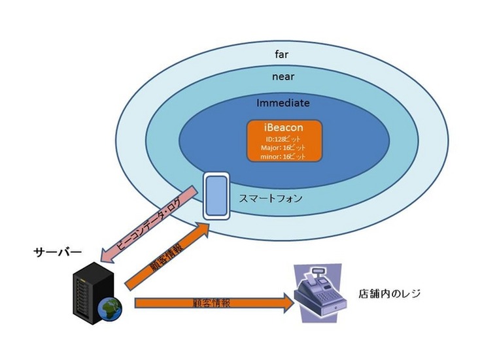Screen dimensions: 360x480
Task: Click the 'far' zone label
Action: [x=282, y=54]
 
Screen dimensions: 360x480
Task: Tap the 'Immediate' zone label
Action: [x=283, y=103]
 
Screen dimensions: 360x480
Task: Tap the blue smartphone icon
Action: [x=214, y=195]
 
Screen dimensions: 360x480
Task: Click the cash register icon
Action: [x=318, y=288]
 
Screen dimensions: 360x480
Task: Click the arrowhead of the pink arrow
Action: [x=107, y=254]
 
